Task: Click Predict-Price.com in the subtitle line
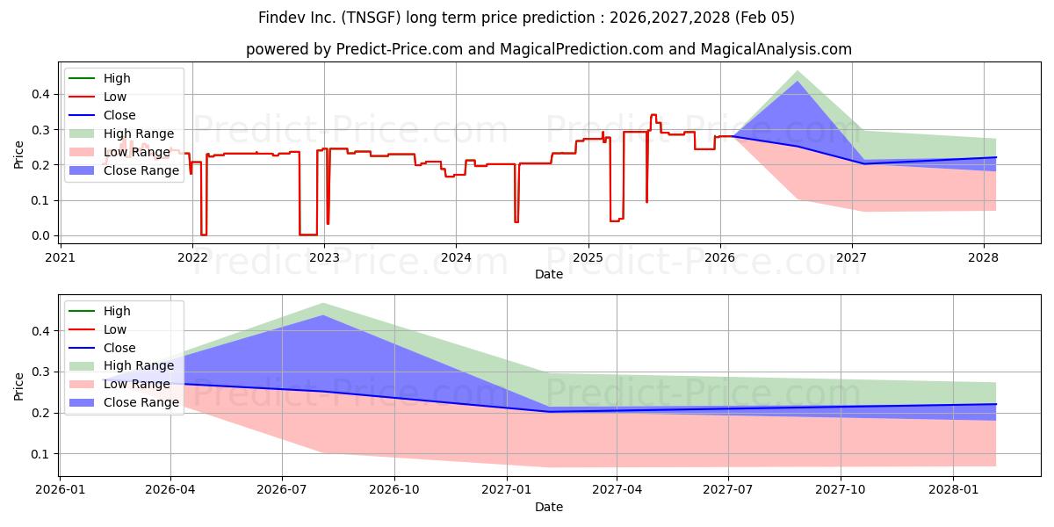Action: [400, 49]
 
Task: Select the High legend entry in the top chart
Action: [116, 78]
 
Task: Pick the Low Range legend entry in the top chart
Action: [135, 152]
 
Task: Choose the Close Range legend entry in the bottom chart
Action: [141, 402]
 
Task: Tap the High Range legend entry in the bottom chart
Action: [138, 365]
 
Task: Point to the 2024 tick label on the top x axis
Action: [456, 257]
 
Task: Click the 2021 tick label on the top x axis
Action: [60, 257]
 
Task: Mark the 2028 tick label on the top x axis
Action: [983, 257]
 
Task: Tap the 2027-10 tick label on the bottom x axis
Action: [841, 490]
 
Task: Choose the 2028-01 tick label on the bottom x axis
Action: [952, 490]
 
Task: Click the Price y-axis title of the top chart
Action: [19, 153]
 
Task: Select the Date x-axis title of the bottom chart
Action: [549, 507]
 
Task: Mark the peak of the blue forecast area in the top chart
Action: [798, 82]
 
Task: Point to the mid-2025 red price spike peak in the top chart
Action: [653, 115]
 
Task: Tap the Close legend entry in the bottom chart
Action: [119, 348]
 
